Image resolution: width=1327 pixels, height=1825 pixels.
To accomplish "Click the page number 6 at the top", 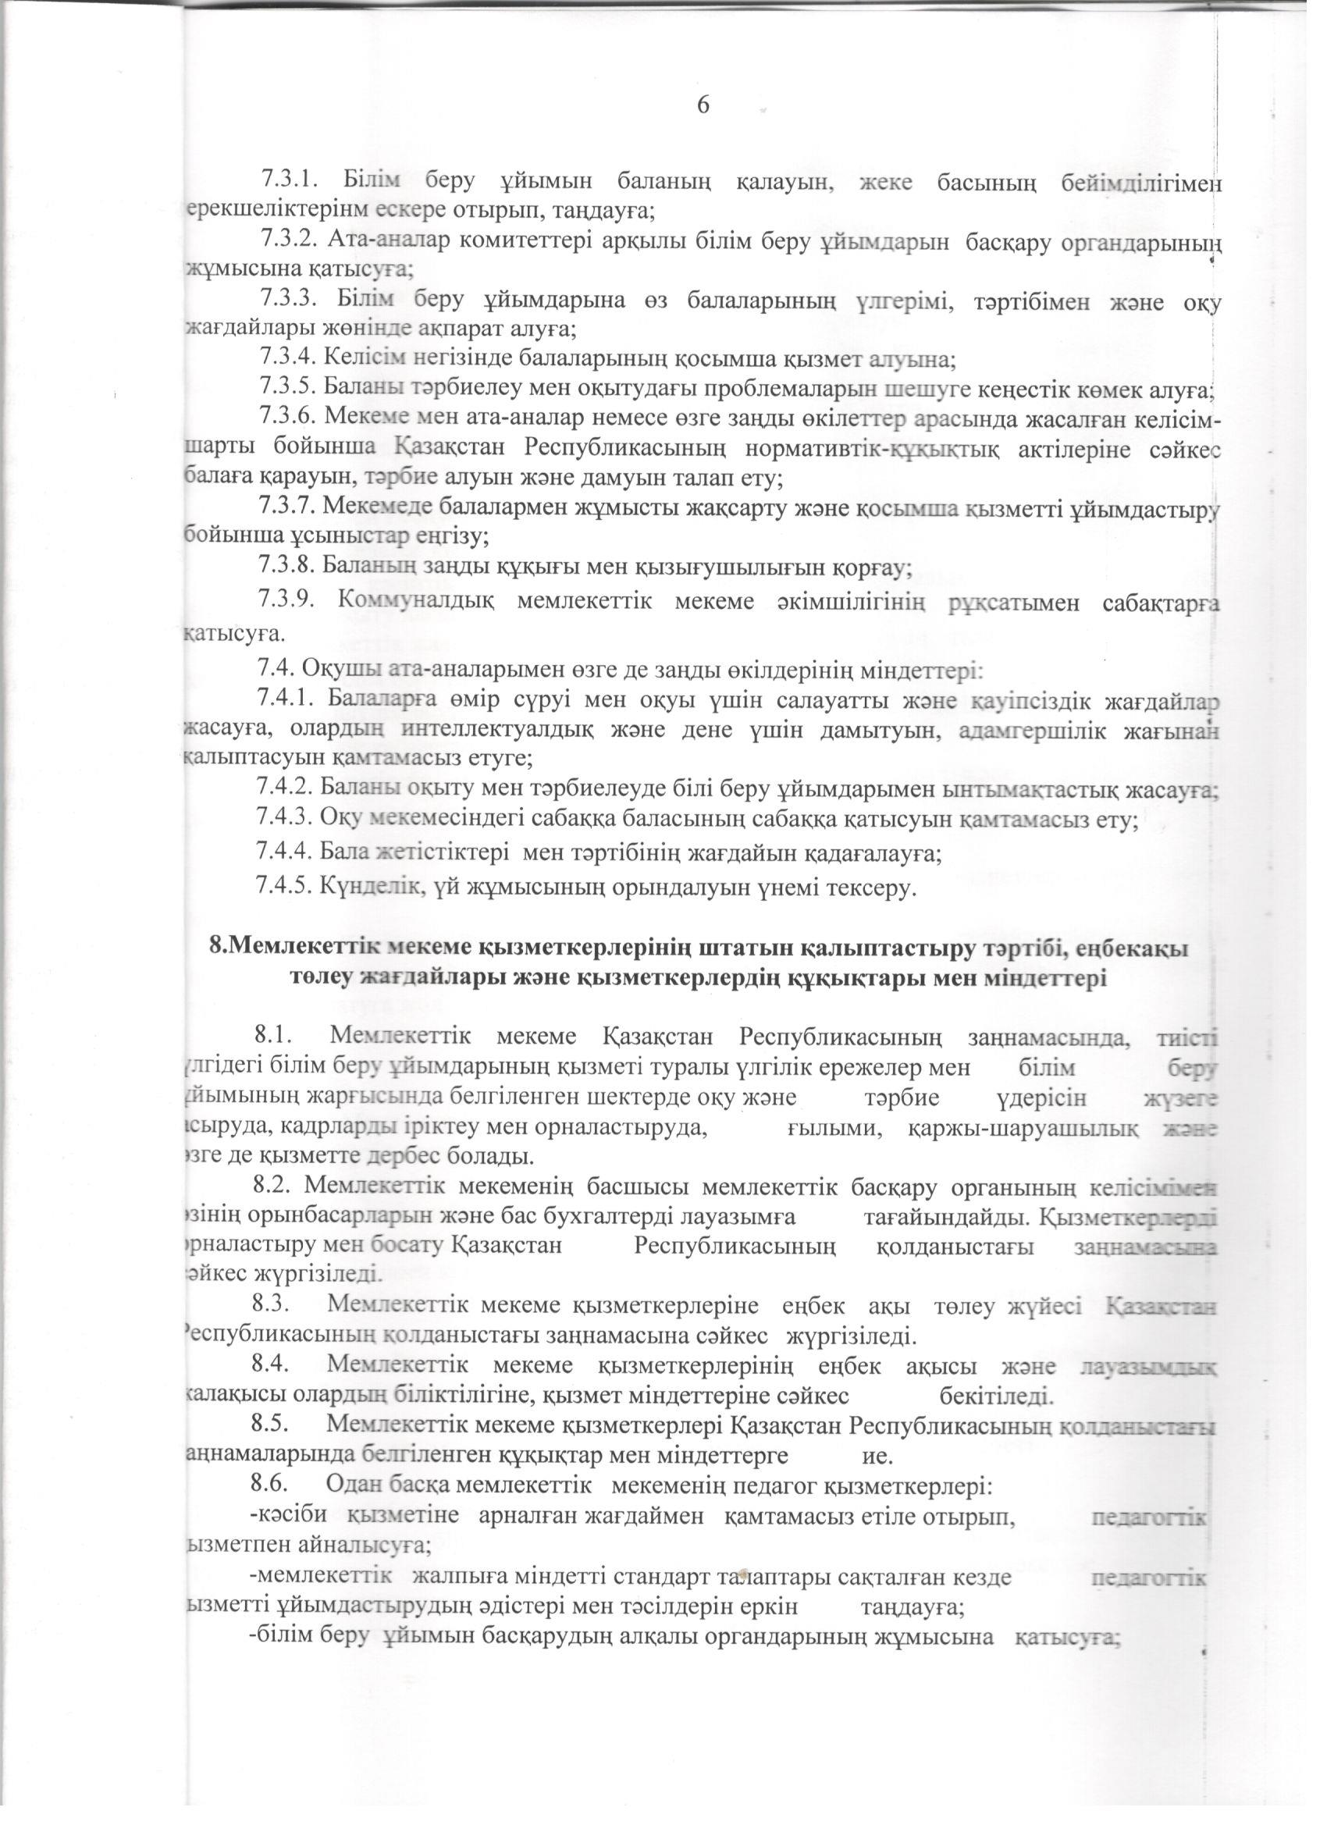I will pos(702,105).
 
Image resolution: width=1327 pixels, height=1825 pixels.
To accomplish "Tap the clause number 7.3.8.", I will pos(285,566).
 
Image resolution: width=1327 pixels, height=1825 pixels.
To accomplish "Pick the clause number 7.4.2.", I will pos(283,784).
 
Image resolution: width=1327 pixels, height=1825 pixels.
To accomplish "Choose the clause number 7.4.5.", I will pos(283,888).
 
